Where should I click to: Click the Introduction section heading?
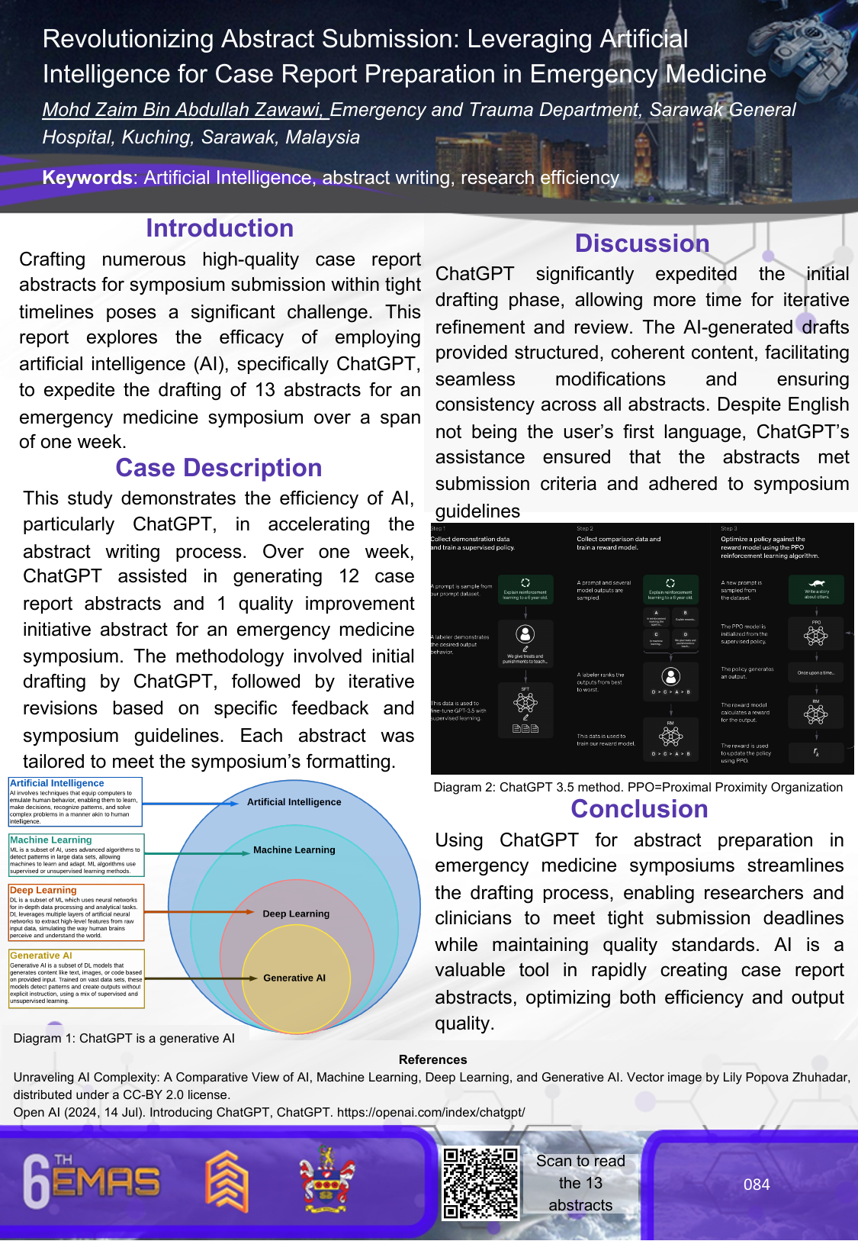click(x=220, y=228)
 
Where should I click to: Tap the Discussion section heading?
click(x=641, y=243)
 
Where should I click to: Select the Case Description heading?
click(x=219, y=468)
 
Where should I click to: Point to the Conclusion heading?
click(x=639, y=809)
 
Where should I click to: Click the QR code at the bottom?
click(x=480, y=1183)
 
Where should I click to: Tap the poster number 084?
click(x=757, y=1185)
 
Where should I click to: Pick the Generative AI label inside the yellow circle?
click(x=294, y=978)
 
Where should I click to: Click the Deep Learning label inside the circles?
click(x=296, y=914)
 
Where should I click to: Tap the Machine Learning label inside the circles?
click(x=294, y=849)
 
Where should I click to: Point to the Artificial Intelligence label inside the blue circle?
click(x=294, y=802)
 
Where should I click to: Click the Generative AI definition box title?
click(x=41, y=956)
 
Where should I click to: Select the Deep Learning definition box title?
click(x=43, y=890)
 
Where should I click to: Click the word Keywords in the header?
click(x=88, y=178)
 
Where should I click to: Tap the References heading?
click(x=432, y=1059)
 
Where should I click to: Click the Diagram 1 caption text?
click(x=124, y=1038)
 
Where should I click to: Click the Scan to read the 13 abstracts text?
click(x=580, y=1183)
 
